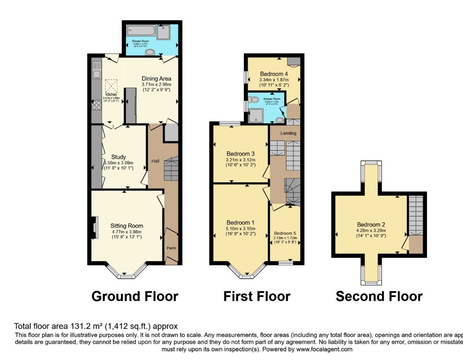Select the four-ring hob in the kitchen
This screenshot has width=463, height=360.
click(96, 104)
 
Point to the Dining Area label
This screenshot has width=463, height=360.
click(157, 78)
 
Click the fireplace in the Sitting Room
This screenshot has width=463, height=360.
click(94, 227)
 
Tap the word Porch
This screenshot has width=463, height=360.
click(171, 248)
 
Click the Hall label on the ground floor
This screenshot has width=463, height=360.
click(155, 161)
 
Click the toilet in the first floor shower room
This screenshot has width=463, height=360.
click(254, 99)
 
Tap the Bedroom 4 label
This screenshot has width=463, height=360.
click(274, 74)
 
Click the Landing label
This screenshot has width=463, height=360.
click(288, 133)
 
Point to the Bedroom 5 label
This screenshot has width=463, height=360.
click(285, 233)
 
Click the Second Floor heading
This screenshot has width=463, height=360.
click(379, 297)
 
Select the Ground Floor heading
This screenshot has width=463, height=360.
click(135, 297)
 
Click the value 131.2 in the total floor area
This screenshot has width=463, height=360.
click(79, 326)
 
